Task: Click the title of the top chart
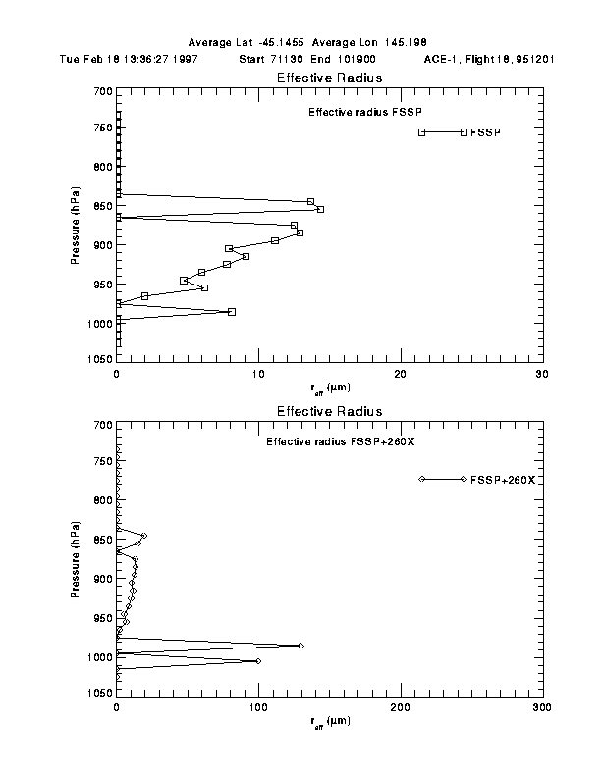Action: click(x=329, y=78)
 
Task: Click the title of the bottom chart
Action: click(x=329, y=411)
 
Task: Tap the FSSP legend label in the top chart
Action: click(x=485, y=132)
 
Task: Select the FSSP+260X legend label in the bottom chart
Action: click(x=502, y=479)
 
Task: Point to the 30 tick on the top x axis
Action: click(x=542, y=374)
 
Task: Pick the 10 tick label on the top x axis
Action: click(x=258, y=374)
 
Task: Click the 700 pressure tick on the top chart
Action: click(x=101, y=91)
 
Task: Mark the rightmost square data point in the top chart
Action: click(x=320, y=209)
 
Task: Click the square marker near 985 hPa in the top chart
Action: click(x=232, y=312)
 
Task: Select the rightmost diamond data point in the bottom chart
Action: click(x=300, y=646)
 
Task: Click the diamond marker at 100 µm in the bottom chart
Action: click(x=258, y=661)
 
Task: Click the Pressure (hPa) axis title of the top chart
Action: click(x=76, y=227)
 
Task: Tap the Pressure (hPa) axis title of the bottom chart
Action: click(x=76, y=560)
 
